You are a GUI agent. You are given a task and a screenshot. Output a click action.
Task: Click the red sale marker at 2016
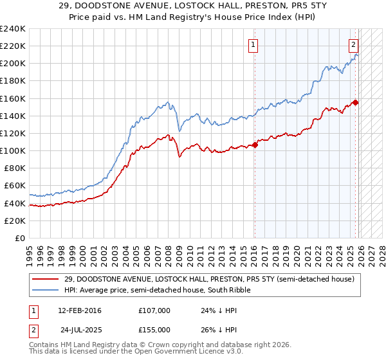coord(255,145)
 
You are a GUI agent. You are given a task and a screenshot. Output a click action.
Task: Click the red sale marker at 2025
coord(356,102)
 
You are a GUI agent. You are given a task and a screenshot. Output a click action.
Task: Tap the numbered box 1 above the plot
coord(253,45)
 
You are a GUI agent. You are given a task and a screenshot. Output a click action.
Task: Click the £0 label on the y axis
coord(19,238)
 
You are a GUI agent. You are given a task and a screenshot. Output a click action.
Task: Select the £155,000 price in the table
coord(154,329)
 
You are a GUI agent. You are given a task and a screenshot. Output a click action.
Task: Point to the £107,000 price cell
coord(154,310)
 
